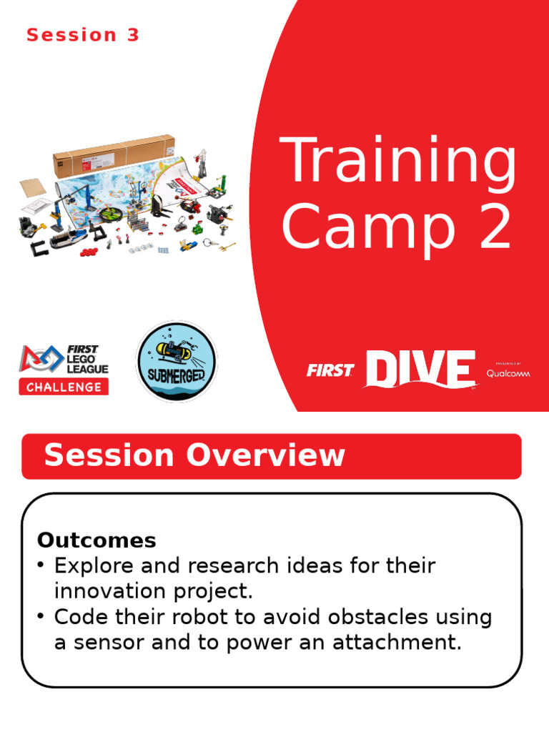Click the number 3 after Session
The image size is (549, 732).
click(133, 35)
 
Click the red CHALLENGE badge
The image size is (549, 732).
click(64, 387)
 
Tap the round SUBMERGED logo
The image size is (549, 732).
click(177, 361)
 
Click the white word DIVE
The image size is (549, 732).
click(420, 369)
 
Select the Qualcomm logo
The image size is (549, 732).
click(508, 373)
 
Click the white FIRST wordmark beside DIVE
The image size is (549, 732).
click(330, 371)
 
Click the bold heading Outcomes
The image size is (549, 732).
click(97, 540)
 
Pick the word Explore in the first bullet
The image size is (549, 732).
click(94, 566)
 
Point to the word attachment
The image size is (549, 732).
click(397, 643)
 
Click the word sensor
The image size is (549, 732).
click(109, 643)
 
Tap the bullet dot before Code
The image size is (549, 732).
click(41, 616)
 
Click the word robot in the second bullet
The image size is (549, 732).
click(199, 617)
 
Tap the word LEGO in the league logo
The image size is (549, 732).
click(81, 359)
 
